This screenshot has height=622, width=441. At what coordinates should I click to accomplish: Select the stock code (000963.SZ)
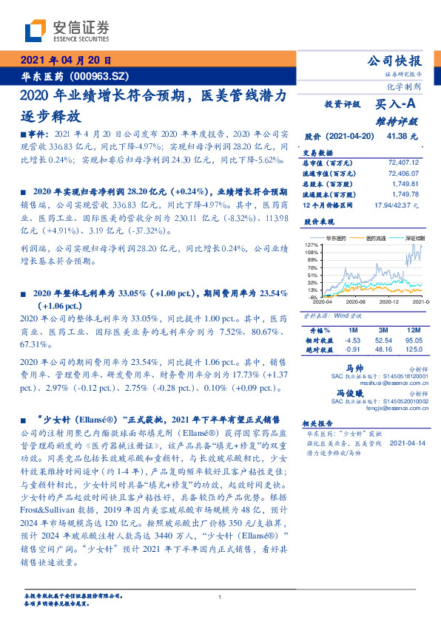tap(103, 75)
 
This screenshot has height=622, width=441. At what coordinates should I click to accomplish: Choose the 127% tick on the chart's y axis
tap(311, 244)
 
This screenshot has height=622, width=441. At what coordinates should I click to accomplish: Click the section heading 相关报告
tap(319, 423)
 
